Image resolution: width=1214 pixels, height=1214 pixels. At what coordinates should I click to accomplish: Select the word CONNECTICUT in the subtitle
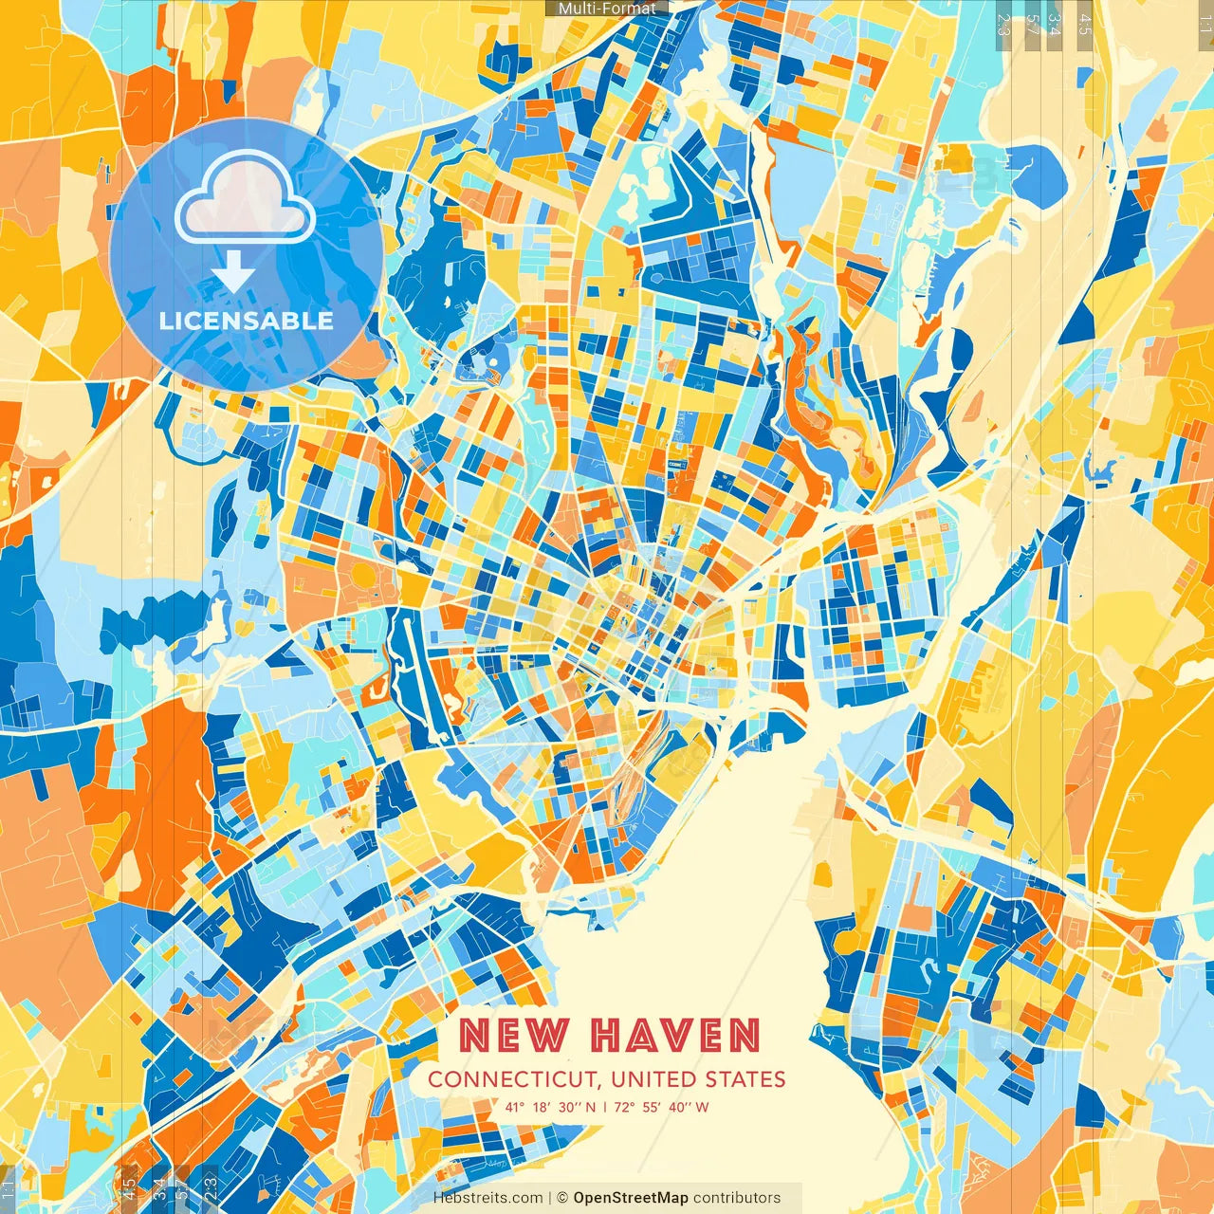[x=512, y=1079]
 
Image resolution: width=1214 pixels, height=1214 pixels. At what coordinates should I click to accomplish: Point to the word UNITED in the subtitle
[x=654, y=1079]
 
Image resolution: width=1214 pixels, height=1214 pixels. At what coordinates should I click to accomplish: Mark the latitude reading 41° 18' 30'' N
[x=551, y=1107]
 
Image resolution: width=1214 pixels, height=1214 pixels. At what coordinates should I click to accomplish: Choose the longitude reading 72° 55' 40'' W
[x=662, y=1107]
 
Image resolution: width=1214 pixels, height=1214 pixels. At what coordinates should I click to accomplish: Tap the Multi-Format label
[x=607, y=9]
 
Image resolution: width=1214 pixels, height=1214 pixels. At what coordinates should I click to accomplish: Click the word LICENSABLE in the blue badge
[x=247, y=321]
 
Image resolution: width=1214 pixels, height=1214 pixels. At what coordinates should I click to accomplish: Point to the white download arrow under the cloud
[x=232, y=276]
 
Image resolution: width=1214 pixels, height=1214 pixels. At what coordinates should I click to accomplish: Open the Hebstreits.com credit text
[x=488, y=1198]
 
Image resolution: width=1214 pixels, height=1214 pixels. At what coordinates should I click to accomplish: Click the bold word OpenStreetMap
[x=631, y=1198]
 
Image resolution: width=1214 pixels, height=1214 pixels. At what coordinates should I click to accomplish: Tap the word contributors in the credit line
[x=737, y=1198]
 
